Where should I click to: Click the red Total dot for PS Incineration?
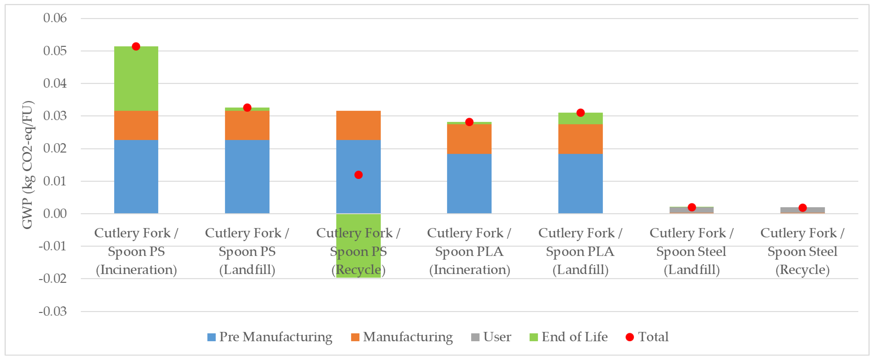[x=136, y=46]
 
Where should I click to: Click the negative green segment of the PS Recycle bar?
[x=358, y=221]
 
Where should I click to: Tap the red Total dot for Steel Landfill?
[x=692, y=207]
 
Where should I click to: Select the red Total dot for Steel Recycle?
[x=802, y=207]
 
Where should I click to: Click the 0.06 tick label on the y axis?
[x=55, y=18]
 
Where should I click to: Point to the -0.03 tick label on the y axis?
[x=53, y=311]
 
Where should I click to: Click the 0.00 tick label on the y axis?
[x=55, y=214]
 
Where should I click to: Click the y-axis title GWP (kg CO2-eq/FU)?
[x=27, y=165]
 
